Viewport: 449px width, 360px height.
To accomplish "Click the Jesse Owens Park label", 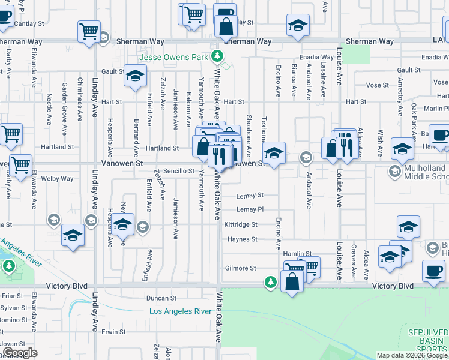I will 173,58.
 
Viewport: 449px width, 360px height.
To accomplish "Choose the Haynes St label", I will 242,239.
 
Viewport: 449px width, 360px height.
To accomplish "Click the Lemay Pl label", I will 250,209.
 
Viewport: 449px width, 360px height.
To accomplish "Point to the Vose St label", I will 378,85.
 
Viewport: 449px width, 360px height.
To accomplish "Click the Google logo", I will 20,353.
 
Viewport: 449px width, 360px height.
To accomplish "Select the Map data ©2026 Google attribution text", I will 412,355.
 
